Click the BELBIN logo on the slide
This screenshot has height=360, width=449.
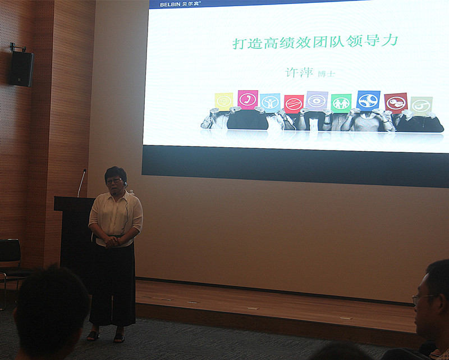click(180, 4)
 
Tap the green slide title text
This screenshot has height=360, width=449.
click(315, 42)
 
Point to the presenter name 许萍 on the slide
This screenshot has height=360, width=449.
click(299, 72)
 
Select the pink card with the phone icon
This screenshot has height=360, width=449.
click(248, 99)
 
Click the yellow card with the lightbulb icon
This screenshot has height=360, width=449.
click(224, 102)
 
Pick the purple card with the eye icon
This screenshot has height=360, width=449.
click(317, 101)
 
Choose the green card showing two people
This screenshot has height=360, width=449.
click(341, 103)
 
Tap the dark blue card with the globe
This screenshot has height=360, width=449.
click(368, 101)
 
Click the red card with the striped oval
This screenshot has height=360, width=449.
click(294, 104)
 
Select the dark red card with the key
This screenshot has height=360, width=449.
click(396, 103)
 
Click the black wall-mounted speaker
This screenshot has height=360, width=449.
click(21, 68)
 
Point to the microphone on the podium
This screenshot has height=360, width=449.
click(81, 183)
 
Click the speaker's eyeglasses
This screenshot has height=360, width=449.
click(114, 181)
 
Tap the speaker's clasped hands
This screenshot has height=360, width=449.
click(111, 242)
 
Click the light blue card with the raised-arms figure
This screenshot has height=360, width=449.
click(271, 103)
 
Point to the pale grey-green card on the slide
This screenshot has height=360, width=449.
click(421, 106)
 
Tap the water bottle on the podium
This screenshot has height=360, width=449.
click(131, 192)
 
